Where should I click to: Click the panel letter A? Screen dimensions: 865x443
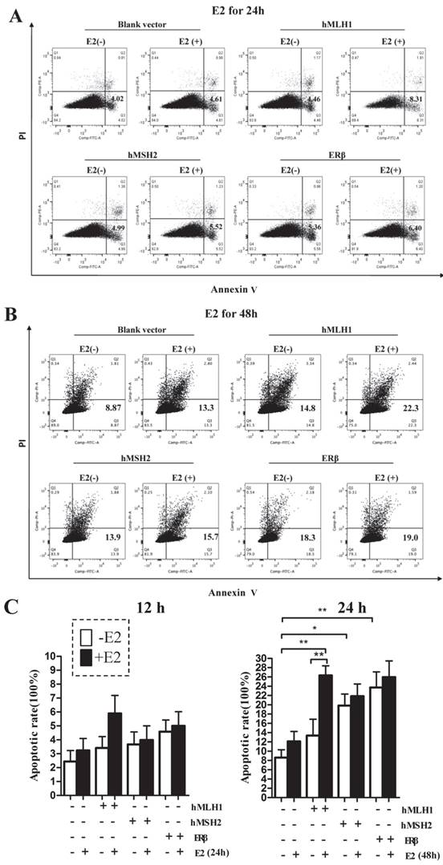pyautogui.click(x=14, y=14)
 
